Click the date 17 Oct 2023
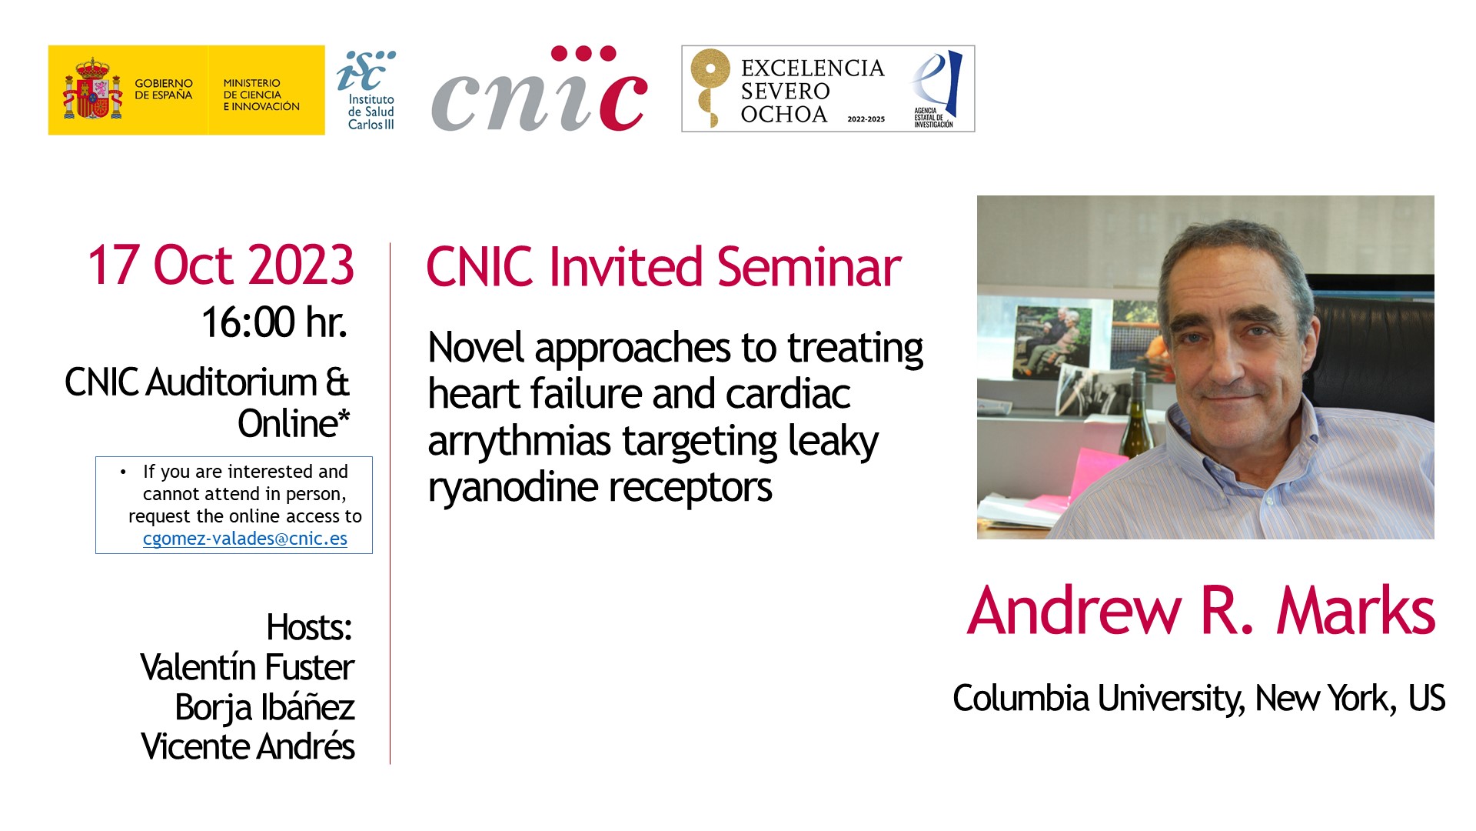(221, 265)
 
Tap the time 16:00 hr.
(274, 322)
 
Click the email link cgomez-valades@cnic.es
(245, 539)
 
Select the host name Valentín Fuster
(247, 667)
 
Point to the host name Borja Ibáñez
(264, 708)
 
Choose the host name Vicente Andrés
(248, 746)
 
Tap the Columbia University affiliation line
(1199, 699)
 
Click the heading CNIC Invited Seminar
(663, 267)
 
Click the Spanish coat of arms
(92, 88)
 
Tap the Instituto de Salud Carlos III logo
(366, 90)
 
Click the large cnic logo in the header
(540, 89)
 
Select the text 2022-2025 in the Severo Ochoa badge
(866, 119)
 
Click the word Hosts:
(309, 628)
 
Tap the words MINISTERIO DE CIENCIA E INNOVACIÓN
(261, 95)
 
